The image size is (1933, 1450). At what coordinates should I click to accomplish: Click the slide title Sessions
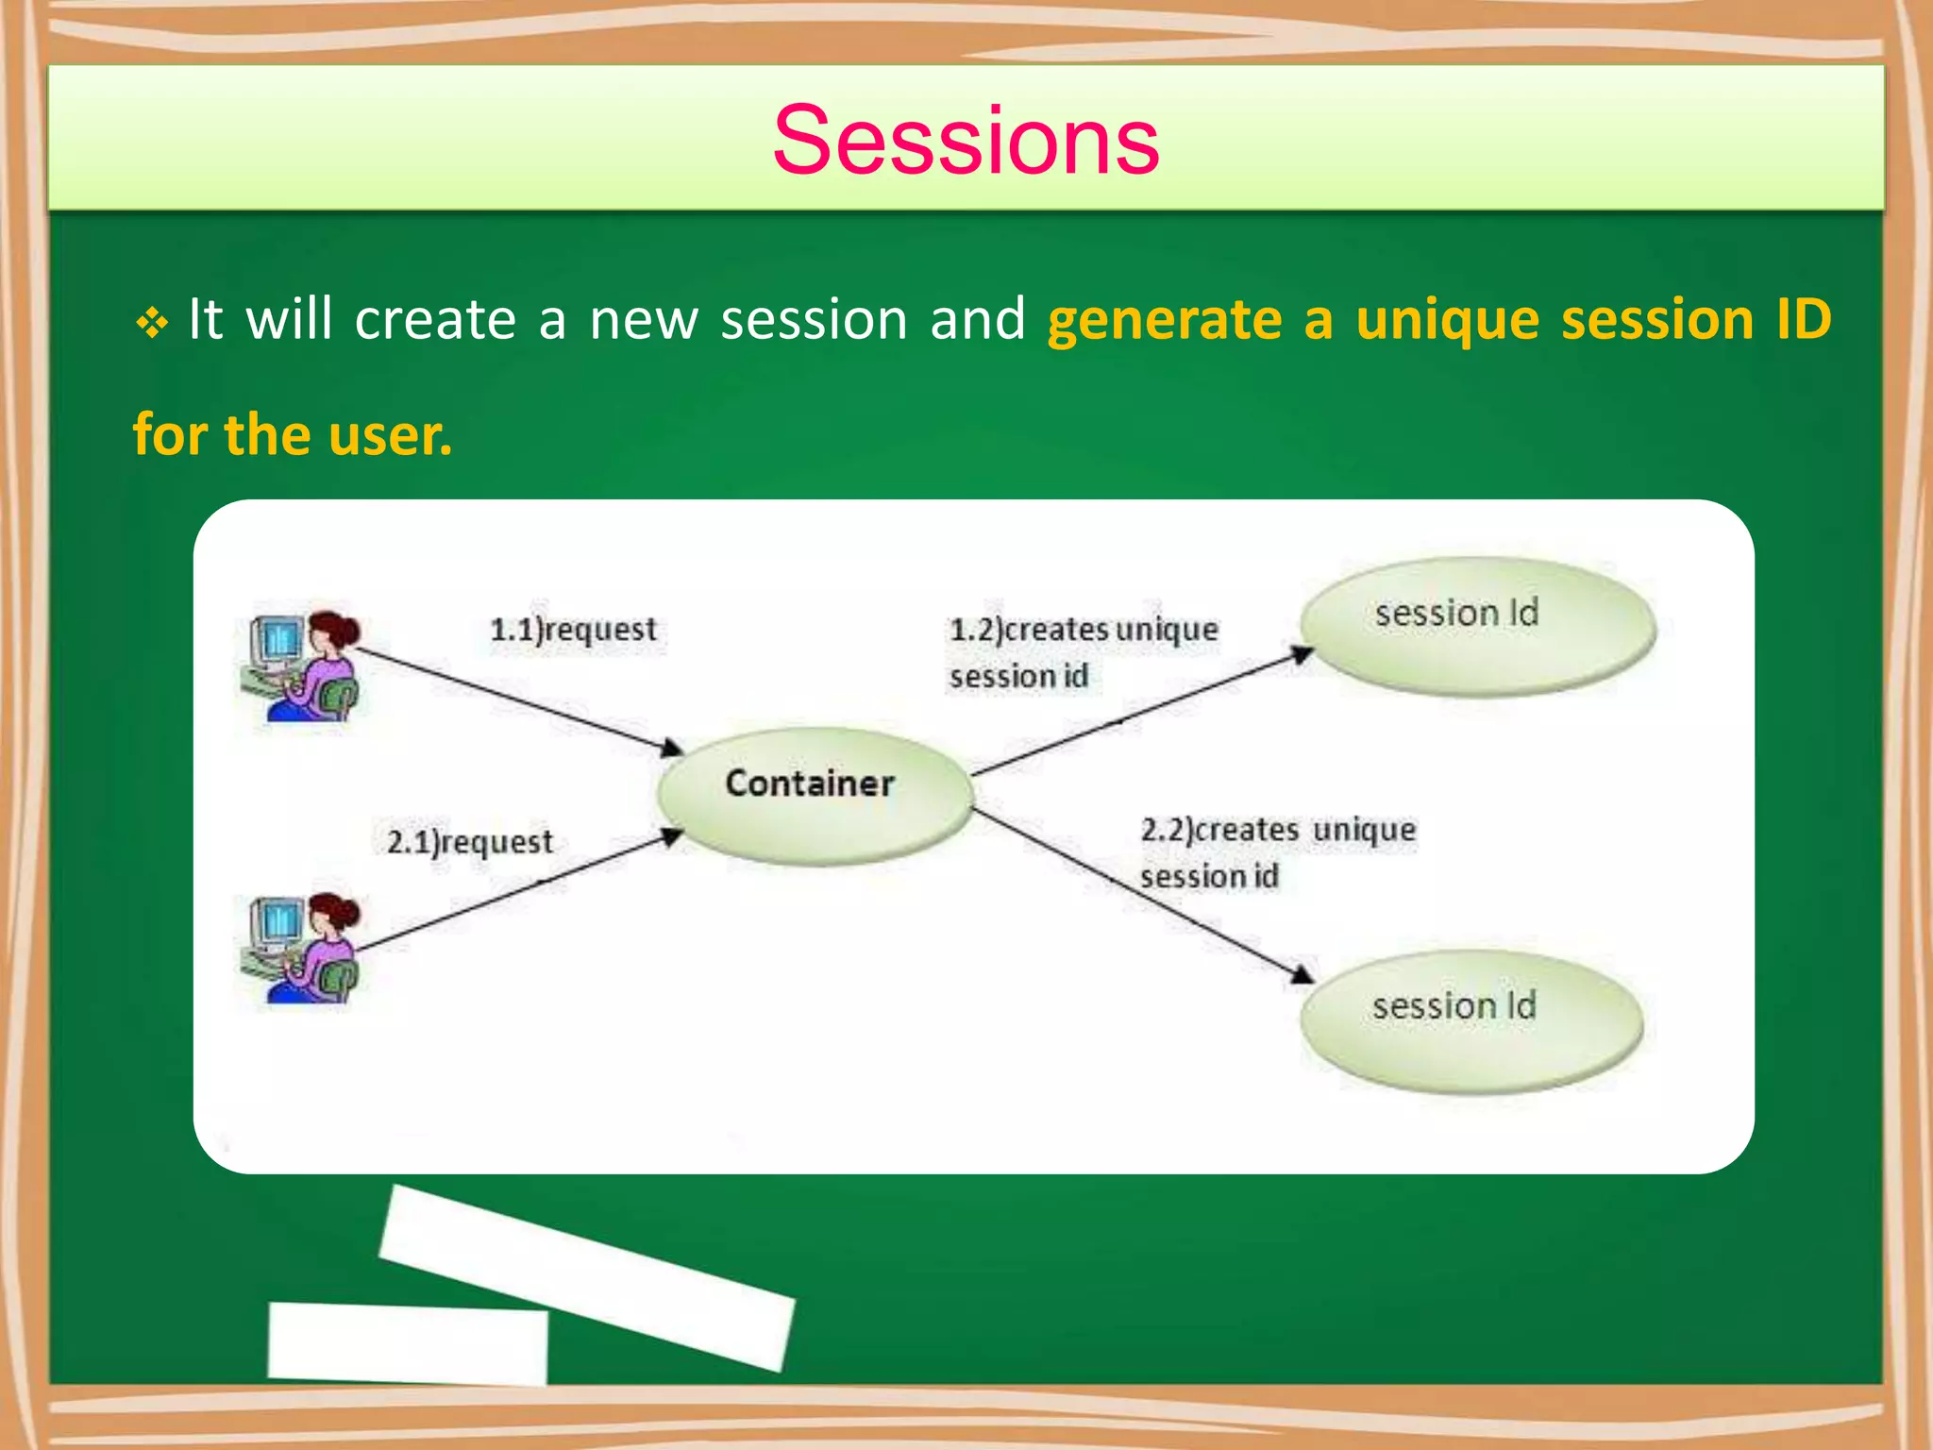pyautogui.click(x=966, y=142)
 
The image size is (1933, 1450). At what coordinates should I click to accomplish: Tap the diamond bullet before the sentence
pyautogui.click(x=151, y=324)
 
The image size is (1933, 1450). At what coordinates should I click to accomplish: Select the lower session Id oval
pyautogui.click(x=1471, y=1021)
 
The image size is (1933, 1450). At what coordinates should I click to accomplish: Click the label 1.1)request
pyautogui.click(x=573, y=630)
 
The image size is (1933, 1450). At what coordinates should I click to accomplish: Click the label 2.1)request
pyautogui.click(x=470, y=842)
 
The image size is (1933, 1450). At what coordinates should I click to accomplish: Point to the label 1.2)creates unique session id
pyautogui.click(x=1082, y=652)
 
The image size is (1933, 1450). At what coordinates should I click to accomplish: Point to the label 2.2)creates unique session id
pyautogui.click(x=1276, y=852)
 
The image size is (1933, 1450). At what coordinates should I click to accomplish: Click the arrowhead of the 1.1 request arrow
pyautogui.click(x=673, y=749)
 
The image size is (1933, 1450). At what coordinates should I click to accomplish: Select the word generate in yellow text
pyautogui.click(x=1164, y=319)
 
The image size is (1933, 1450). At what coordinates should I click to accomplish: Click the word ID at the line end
pyautogui.click(x=1802, y=319)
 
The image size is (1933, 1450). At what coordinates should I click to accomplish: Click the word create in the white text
pyautogui.click(x=435, y=319)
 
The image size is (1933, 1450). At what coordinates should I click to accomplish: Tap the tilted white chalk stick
pyautogui.click(x=587, y=1276)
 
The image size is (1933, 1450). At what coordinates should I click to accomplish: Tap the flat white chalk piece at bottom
pyautogui.click(x=408, y=1342)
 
